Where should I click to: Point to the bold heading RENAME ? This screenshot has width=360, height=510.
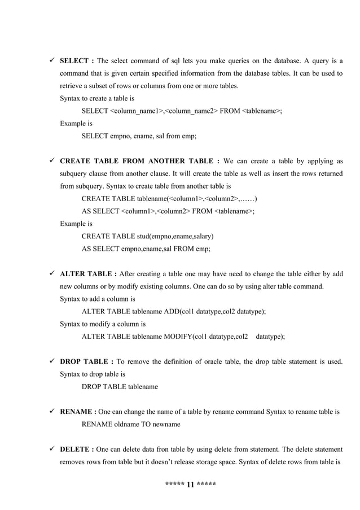click(x=78, y=412)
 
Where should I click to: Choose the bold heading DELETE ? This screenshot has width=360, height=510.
click(x=77, y=449)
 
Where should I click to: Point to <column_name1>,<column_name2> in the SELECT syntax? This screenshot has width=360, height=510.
click(x=163, y=111)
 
